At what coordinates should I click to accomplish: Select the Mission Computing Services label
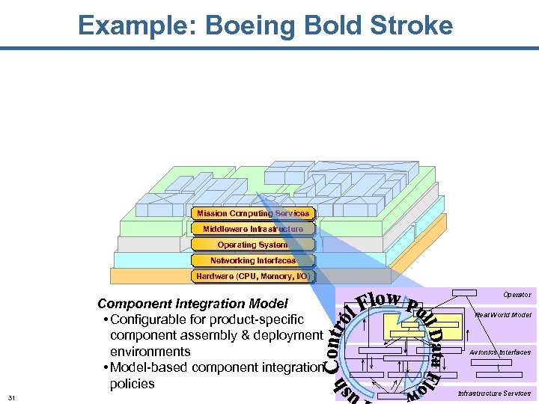[x=253, y=214]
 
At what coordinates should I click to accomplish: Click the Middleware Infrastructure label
[x=253, y=229]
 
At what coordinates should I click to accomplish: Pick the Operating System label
[x=253, y=245]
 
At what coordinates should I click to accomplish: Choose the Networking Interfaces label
[x=253, y=260]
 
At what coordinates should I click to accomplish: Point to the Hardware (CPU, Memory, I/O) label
[x=253, y=276]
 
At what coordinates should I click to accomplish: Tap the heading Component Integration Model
[x=192, y=304]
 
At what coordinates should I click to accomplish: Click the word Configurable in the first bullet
[x=150, y=319]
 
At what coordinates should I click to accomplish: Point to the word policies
[x=133, y=384]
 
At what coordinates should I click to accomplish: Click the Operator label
[x=517, y=295]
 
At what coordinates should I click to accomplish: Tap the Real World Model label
[x=503, y=315]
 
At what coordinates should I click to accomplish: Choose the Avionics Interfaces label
[x=500, y=352]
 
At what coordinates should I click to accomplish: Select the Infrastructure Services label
[x=494, y=394]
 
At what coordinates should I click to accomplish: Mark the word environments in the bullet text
[x=150, y=351]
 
